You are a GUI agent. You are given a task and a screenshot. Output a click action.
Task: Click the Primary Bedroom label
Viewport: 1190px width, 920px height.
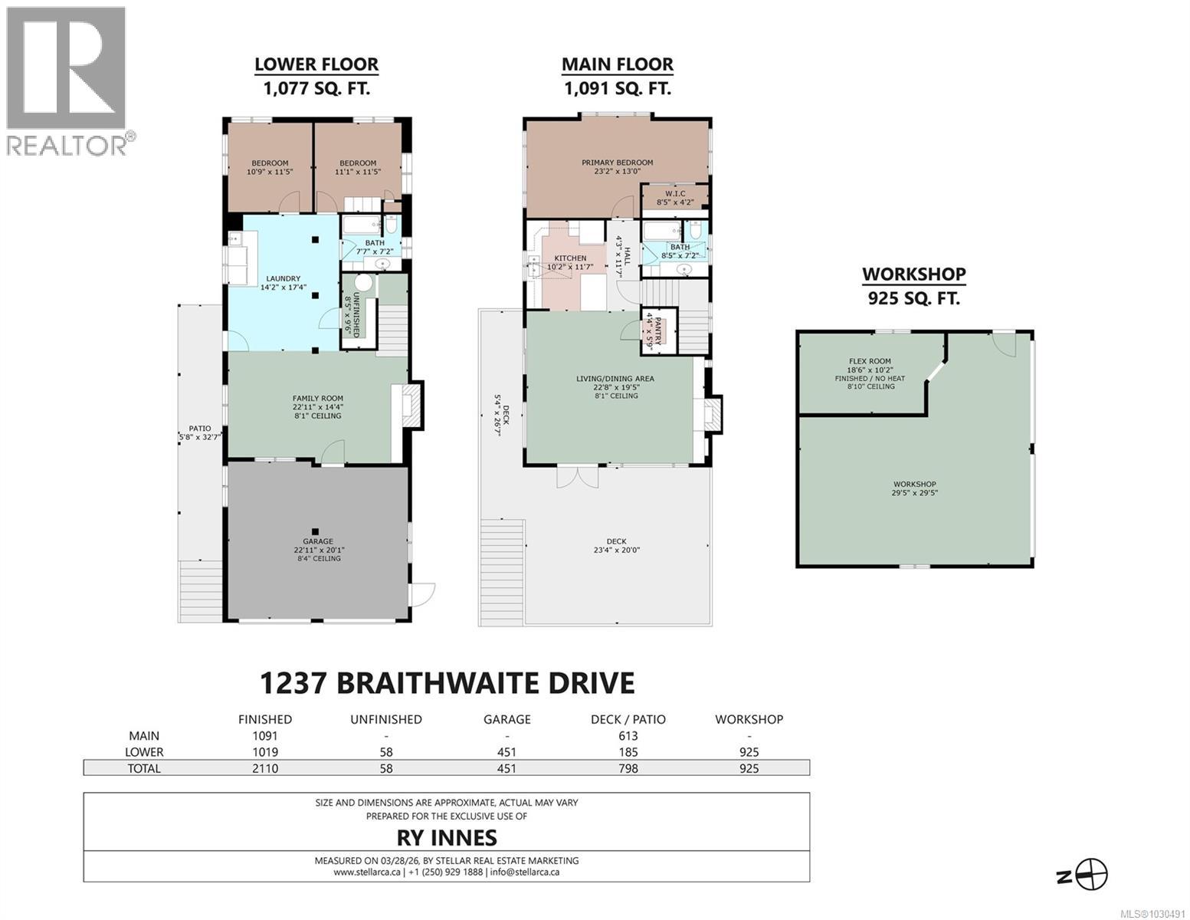click(617, 163)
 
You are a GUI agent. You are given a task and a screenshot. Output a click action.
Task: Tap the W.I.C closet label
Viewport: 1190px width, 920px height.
click(674, 193)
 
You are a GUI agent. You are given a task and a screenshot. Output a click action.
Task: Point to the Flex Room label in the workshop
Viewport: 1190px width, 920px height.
click(870, 361)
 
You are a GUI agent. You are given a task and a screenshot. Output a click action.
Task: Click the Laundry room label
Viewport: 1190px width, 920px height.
click(283, 279)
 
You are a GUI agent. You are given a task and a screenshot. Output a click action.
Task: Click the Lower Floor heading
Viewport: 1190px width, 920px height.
click(316, 65)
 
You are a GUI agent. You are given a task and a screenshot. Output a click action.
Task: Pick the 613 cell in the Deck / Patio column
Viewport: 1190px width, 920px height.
click(628, 736)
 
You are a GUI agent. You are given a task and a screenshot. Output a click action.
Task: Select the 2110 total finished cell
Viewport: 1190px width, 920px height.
click(265, 768)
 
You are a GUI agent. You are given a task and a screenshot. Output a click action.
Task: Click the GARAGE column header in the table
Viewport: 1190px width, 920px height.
click(506, 720)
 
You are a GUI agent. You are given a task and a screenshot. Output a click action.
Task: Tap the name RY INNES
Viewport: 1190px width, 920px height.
click(447, 838)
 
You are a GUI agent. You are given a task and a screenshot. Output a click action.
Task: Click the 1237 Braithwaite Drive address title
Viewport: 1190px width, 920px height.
click(447, 682)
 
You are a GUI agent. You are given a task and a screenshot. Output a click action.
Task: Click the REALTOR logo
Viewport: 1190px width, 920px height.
click(67, 80)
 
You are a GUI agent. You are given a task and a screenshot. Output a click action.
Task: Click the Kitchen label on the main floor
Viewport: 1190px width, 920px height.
click(570, 258)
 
